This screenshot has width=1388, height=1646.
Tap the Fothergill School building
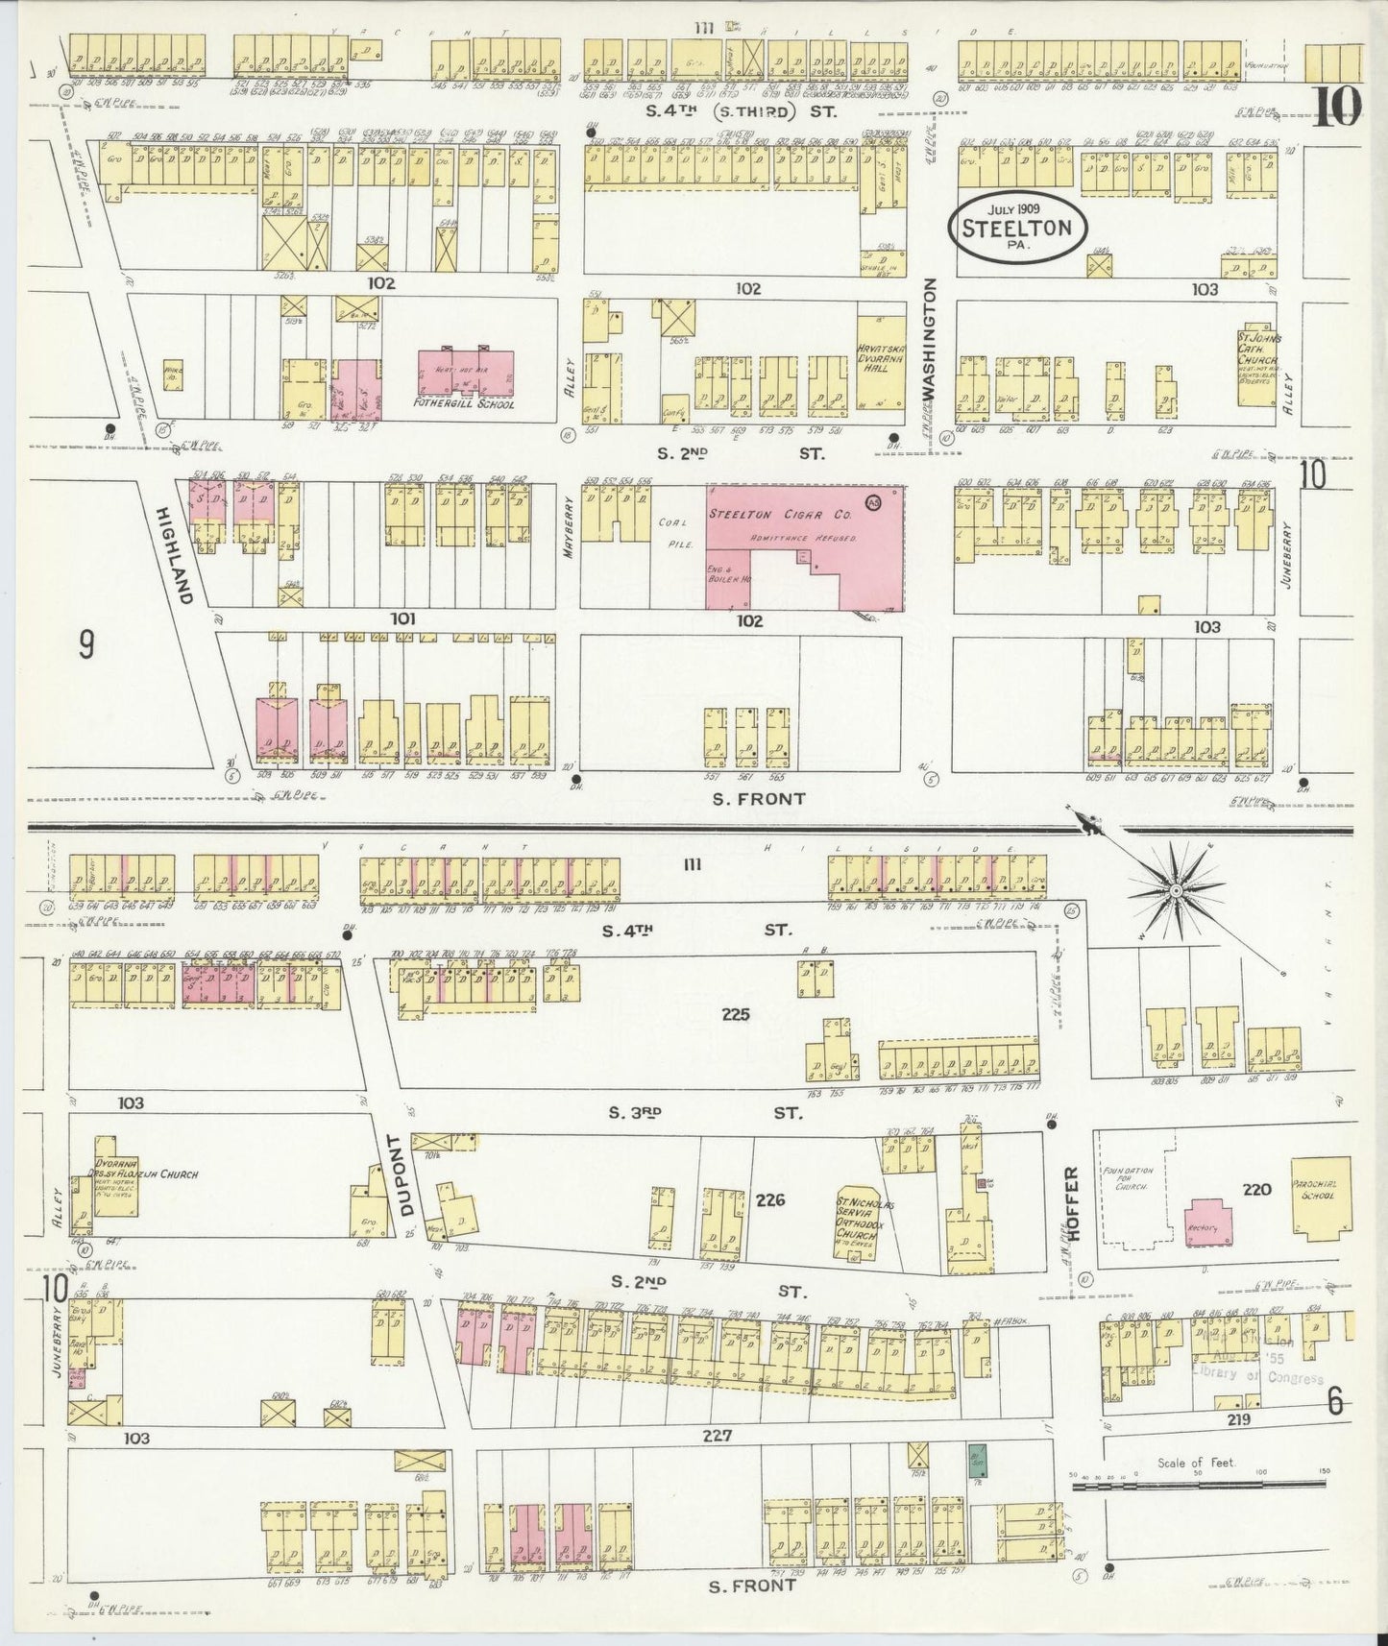pos(465,377)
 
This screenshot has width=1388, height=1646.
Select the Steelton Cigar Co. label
pos(781,515)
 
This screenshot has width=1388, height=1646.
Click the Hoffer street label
pos(1074,1203)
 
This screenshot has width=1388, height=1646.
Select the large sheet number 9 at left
pos(86,646)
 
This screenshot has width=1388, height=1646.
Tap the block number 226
pos(770,1198)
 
